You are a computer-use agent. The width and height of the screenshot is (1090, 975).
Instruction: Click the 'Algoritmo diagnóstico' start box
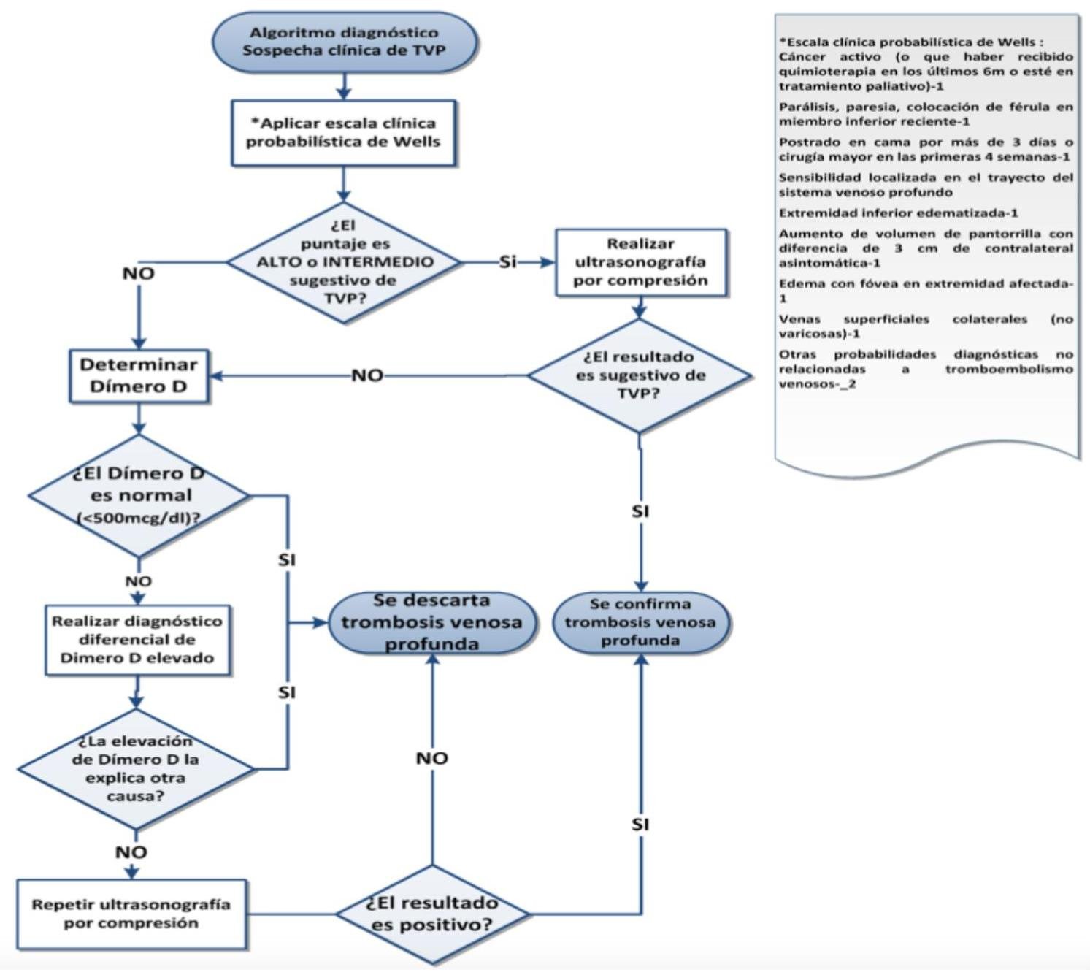[x=344, y=42]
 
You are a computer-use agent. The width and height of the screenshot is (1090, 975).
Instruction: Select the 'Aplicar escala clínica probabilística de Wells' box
[x=343, y=132]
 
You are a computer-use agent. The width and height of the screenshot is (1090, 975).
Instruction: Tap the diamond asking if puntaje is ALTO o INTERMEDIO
[x=345, y=261]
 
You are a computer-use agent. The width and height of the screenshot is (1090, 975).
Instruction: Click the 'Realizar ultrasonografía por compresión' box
[x=640, y=262]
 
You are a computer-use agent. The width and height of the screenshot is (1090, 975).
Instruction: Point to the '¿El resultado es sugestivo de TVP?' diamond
[x=639, y=375]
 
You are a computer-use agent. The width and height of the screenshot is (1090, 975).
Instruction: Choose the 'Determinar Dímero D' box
[x=139, y=375]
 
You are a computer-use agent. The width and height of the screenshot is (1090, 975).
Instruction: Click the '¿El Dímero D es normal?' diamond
[x=139, y=495]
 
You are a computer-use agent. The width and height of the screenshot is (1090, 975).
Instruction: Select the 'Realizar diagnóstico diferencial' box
[x=137, y=640]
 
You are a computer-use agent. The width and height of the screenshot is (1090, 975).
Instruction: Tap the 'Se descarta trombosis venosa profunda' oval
[x=431, y=622]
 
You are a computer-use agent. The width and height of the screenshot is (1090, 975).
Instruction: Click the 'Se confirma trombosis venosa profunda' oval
[x=640, y=622]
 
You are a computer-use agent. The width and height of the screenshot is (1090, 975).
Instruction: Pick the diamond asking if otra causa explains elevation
[x=136, y=768]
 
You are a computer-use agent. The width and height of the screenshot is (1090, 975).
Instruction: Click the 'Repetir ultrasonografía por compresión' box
[x=131, y=914]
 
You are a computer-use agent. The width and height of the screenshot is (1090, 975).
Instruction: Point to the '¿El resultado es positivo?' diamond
[x=432, y=914]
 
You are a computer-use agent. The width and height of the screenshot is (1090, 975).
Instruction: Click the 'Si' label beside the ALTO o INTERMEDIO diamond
[x=508, y=261]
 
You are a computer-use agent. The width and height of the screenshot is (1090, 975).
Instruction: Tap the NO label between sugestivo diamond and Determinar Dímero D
[x=367, y=375]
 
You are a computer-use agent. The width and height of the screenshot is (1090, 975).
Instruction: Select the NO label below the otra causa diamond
[x=131, y=852]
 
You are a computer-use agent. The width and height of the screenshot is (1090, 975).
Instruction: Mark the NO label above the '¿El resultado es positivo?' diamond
[x=431, y=758]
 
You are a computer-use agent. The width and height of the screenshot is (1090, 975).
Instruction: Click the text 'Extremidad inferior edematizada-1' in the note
[x=898, y=213]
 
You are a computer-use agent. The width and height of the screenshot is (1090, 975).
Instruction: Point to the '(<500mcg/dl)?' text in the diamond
[x=139, y=518]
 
